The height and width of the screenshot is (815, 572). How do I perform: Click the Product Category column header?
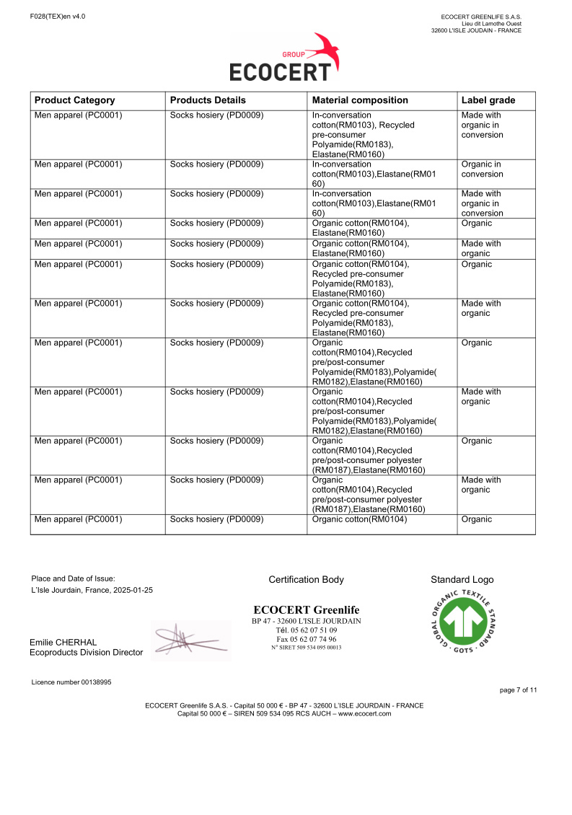(x=75, y=100)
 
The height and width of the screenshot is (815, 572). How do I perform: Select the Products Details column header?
(x=208, y=100)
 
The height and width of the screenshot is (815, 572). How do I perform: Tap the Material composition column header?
(x=360, y=100)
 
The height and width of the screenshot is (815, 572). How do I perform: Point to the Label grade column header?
(x=488, y=100)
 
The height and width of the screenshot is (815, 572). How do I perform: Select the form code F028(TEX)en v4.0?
(x=58, y=16)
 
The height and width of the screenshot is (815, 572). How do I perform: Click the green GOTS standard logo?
(x=462, y=621)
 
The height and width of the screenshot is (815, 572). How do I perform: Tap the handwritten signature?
(x=189, y=639)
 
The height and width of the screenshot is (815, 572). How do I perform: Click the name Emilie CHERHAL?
(x=63, y=642)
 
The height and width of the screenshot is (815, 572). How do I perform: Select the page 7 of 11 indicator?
(x=518, y=690)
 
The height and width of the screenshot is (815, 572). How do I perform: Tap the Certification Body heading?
(x=306, y=579)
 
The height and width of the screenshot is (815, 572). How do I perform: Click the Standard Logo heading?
(x=462, y=579)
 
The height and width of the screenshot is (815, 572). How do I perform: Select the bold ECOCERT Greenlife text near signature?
(x=306, y=610)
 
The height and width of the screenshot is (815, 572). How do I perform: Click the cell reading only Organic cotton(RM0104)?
(x=359, y=519)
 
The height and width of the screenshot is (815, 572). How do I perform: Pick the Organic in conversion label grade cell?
(x=482, y=169)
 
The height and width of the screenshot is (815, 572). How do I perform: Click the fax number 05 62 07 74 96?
(x=306, y=639)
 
